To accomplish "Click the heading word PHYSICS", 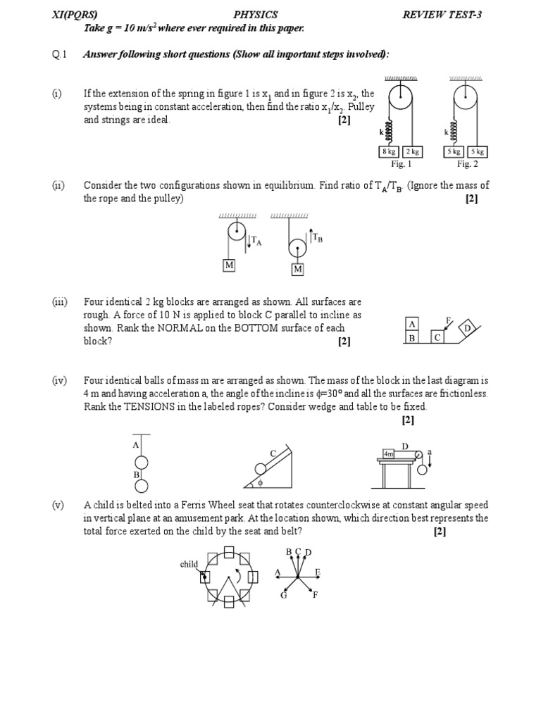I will point(255,15).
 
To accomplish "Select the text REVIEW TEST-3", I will point(442,15).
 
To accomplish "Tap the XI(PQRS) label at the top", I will point(75,15).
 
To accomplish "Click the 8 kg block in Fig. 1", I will point(390,151).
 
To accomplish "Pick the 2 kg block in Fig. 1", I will point(411,151).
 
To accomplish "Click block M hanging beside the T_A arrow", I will point(230,265).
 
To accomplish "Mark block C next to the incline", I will point(437,337).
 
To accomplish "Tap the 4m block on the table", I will point(389,455).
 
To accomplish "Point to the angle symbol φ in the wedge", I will point(260,484).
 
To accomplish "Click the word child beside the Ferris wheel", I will point(189,564).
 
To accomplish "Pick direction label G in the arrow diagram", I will point(284,595).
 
